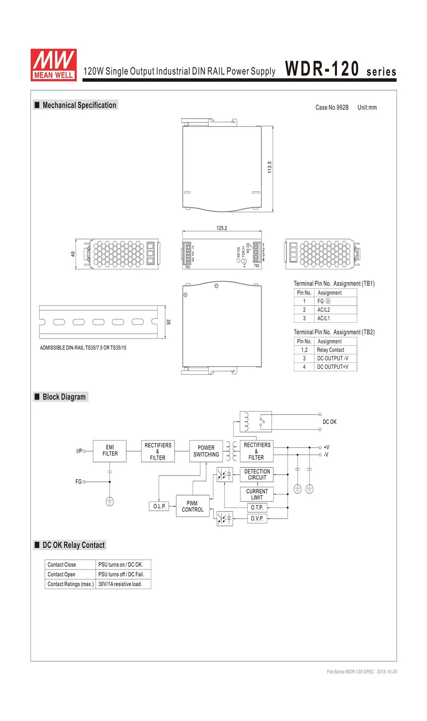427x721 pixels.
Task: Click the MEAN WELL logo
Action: [54, 64]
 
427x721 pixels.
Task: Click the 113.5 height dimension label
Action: [269, 167]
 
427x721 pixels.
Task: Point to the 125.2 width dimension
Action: [222, 228]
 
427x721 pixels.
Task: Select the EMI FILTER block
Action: [110, 451]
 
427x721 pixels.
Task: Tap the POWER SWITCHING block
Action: [206, 451]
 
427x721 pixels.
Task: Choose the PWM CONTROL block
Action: [193, 506]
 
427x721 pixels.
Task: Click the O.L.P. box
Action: [159, 506]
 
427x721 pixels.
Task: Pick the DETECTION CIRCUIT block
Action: [257, 475]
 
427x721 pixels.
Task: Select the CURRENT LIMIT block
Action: [257, 494]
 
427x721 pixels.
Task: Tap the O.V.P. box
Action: [257, 518]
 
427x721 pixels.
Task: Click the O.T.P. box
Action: [257, 508]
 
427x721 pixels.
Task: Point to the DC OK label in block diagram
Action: [329, 422]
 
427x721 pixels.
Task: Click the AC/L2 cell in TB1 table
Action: [324, 310]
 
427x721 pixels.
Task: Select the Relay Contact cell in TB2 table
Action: [330, 350]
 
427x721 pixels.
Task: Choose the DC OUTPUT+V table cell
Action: [333, 367]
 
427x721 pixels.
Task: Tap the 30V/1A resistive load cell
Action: [120, 584]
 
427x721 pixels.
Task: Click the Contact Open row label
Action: [61, 574]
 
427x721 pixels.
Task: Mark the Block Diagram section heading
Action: [64, 397]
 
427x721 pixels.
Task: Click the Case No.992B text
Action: [332, 108]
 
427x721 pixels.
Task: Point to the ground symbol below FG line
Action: [110, 502]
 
